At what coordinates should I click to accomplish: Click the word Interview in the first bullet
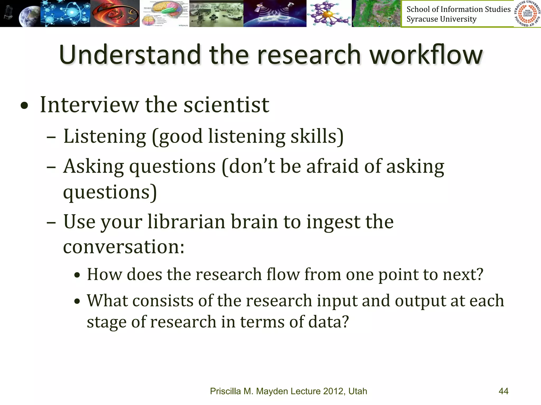pos(89,105)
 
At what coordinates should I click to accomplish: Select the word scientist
pos(226,105)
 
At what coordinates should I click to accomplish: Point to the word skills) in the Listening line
pos(317,137)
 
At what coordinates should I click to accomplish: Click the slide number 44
pos(503,391)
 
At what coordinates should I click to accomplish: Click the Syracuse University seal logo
pos(527,13)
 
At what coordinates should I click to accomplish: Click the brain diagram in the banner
pos(164,13)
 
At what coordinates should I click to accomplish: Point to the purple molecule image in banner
pos(329,14)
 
